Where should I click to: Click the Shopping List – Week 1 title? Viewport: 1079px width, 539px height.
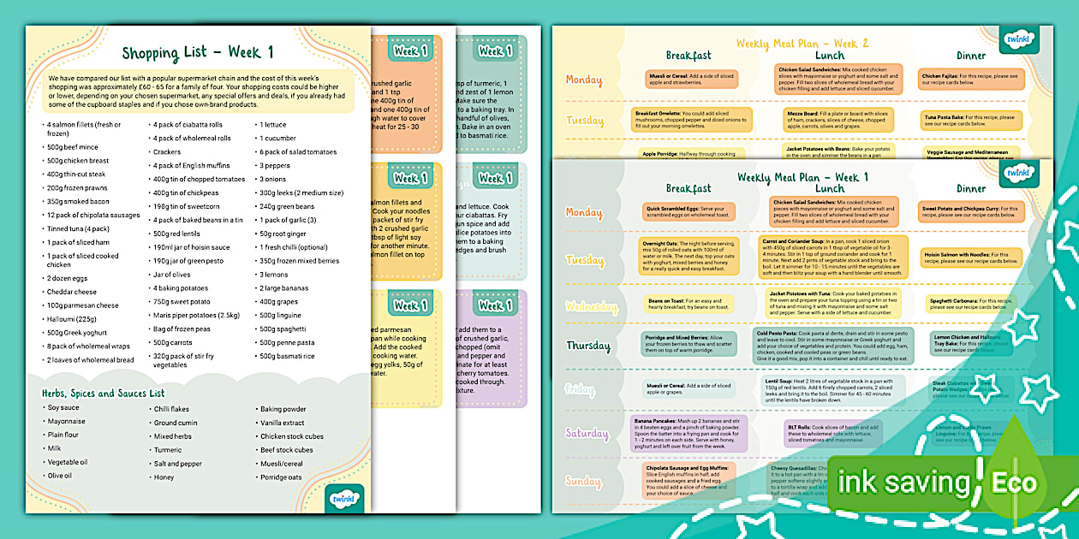(198, 53)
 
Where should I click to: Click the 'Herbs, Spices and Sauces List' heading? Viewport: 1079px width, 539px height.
(103, 393)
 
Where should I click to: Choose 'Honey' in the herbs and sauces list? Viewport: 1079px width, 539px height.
(164, 477)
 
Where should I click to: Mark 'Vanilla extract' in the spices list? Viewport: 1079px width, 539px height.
(283, 423)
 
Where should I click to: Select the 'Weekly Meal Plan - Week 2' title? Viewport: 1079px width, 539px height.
(803, 43)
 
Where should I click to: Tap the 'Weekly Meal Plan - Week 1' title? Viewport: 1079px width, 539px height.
(803, 177)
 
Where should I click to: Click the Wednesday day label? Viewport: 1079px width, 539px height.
(591, 306)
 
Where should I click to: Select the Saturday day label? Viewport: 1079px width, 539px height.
(587, 434)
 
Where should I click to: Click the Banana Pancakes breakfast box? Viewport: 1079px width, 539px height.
(689, 433)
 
